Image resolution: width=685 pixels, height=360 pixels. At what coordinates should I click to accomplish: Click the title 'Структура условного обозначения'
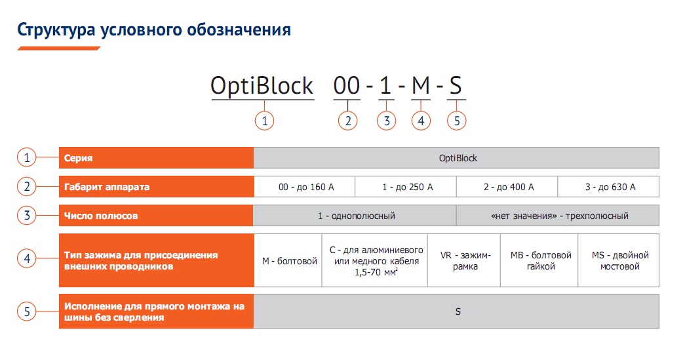[154, 30]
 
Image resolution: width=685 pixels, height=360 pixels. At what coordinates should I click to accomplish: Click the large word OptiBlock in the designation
[262, 86]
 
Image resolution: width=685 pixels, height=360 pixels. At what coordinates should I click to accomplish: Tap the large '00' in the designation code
[347, 85]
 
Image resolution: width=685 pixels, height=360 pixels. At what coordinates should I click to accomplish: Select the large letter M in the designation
[421, 85]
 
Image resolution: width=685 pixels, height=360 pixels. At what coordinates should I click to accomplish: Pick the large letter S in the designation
[456, 85]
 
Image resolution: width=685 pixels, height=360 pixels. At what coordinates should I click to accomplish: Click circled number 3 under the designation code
[387, 121]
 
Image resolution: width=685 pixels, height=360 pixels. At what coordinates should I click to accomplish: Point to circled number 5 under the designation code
[456, 121]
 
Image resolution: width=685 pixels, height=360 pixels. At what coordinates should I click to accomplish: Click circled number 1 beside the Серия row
[27, 157]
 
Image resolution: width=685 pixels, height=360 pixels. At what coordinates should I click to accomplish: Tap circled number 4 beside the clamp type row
[27, 258]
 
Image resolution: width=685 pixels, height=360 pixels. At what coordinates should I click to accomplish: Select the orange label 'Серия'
[78, 158]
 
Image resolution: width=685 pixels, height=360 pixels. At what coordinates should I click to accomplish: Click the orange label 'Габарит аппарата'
[107, 187]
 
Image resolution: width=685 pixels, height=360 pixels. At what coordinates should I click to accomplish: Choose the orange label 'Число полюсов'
[101, 216]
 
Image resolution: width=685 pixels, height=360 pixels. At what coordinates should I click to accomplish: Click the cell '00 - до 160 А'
[305, 186]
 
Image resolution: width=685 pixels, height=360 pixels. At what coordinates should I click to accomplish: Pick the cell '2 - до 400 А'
[507, 186]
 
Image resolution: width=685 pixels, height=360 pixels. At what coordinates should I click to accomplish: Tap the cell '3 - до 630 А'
[608, 186]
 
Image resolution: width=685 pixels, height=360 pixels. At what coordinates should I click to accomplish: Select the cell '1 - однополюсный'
[355, 215]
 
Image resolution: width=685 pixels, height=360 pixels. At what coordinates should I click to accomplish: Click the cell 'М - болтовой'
[288, 260]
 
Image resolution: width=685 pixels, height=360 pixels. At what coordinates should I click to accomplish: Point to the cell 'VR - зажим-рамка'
[464, 260]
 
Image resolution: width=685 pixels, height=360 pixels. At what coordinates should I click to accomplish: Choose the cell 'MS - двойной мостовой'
[619, 260]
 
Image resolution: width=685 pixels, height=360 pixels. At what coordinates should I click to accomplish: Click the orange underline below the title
[59, 48]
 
